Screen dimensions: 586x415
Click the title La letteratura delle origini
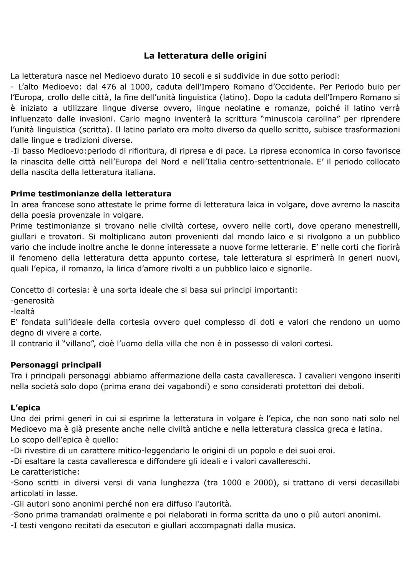point(205,56)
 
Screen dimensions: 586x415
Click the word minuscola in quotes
point(284,119)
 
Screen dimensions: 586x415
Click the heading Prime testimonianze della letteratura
point(91,194)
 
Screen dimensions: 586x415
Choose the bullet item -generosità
point(32,301)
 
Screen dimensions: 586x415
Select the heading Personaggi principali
point(56,365)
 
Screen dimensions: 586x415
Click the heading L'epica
point(25,408)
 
